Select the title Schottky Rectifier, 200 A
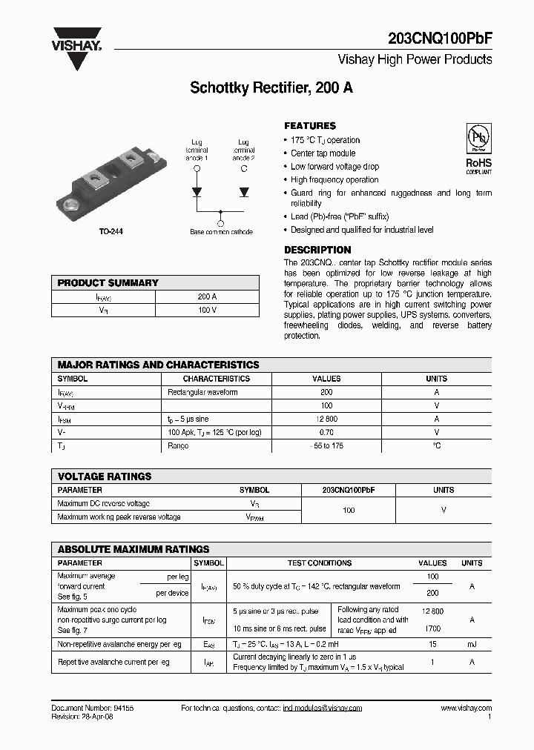tap(271, 87)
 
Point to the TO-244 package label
tap(111, 231)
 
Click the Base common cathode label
tap(221, 232)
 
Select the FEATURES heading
tap(310, 126)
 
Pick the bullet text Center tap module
tap(323, 153)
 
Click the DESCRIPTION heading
tap(317, 250)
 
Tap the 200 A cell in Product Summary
tap(207, 296)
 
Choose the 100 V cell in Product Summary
tap(207, 310)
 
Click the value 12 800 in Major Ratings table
tap(326, 419)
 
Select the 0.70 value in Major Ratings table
tap(326, 432)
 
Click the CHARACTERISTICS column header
tap(217, 379)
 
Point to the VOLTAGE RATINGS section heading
tap(105, 477)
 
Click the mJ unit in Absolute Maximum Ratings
tap(472, 645)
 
